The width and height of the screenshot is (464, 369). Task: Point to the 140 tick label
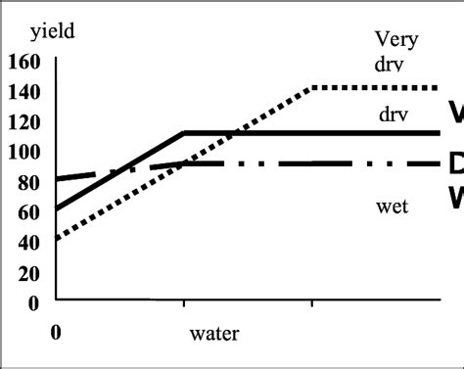(23, 93)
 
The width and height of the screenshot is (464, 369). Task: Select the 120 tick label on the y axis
(23, 123)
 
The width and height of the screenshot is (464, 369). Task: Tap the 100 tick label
(23, 154)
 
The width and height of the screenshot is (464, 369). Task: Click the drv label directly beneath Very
(389, 65)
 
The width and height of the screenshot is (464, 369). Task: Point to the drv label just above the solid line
(394, 115)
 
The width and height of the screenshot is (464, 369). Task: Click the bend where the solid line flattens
(185, 132)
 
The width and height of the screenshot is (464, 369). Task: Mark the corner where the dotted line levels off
(311, 88)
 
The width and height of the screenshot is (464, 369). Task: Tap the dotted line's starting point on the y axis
(58, 238)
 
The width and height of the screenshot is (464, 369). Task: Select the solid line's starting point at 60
(58, 208)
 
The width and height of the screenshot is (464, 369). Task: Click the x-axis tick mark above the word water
(185, 306)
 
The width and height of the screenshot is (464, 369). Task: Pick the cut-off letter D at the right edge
(455, 163)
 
